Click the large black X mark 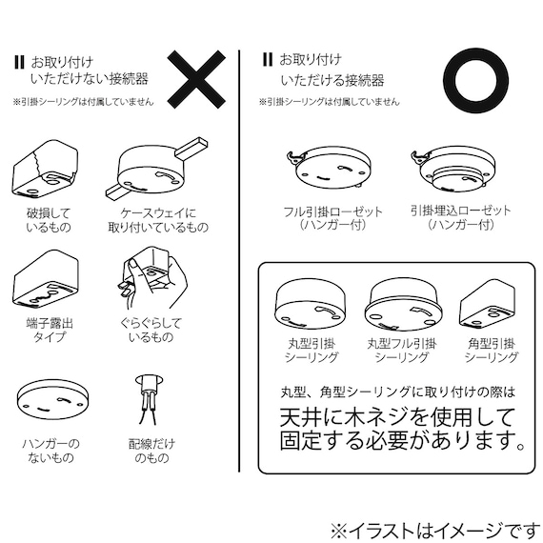pos(196,79)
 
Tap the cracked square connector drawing pos(45,169)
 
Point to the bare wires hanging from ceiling pos(149,400)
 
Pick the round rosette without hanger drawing pos(52,400)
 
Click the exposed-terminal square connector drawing pos(46,279)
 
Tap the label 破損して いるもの pos(49,220)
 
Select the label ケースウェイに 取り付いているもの pos(158,220)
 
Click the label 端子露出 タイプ pos(50,330)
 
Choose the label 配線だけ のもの pos(151,451)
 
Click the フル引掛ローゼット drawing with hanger pos(329,168)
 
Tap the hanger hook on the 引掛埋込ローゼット pos(419,157)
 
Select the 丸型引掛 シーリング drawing pos(310,305)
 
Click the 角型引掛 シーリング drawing pos(488,303)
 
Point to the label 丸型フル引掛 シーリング pos(402,351)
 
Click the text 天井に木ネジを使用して pos(397,417)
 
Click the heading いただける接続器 pos(332,80)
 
